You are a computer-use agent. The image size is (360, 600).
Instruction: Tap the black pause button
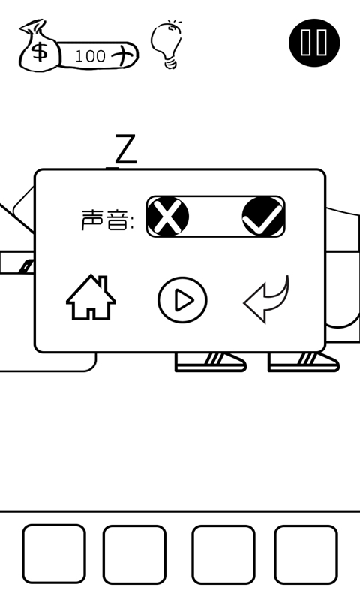coord(314,43)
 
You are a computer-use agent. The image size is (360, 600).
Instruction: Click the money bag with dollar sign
coord(40,46)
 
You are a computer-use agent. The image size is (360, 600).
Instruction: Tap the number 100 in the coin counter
coord(90,56)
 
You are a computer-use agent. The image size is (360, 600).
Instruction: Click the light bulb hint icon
coord(166,45)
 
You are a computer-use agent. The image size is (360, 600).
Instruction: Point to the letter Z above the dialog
coord(125,148)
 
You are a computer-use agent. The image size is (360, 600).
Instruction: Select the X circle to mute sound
coord(167,216)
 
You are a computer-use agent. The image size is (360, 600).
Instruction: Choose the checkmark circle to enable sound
coord(263,217)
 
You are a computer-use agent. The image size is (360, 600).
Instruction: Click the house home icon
coord(91,297)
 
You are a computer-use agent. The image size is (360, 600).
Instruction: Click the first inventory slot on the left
coord(53,553)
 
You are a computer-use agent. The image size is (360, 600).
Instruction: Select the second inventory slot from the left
coord(134,554)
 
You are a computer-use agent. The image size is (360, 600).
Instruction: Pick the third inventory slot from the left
coord(223,554)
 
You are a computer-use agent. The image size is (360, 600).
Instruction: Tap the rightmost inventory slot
coord(306,554)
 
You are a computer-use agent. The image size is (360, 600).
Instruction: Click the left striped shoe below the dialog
coord(210,362)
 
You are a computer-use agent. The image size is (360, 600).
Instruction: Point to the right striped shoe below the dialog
coord(303,362)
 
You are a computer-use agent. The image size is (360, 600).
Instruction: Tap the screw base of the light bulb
coord(171,63)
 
